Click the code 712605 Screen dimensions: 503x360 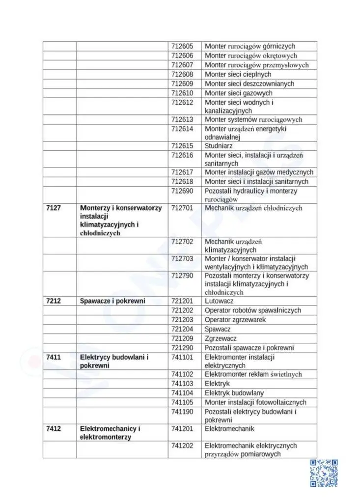182,46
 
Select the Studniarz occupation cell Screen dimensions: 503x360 219,146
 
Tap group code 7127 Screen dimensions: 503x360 54,208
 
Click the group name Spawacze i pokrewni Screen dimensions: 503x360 112,301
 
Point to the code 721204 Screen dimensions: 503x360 182,329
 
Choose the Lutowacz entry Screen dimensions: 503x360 219,301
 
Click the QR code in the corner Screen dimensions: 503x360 324,473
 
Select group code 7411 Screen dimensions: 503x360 54,357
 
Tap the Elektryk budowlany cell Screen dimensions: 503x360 234,393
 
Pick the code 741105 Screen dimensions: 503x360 182,402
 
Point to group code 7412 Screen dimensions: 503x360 54,429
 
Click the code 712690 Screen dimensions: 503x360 182,191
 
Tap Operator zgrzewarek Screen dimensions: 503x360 235,320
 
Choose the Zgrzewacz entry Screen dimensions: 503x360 221,338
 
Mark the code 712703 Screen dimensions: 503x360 182,258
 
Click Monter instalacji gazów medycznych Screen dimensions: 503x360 259,172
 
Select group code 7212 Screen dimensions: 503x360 54,301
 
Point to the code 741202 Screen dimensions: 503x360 182,446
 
